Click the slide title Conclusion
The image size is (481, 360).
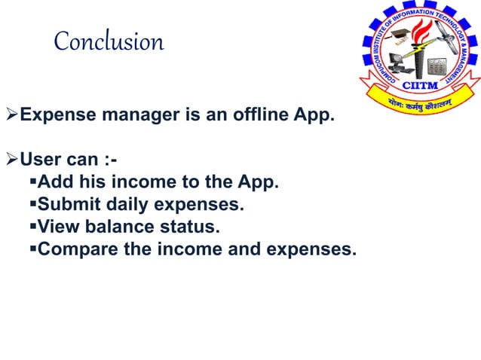[109, 41]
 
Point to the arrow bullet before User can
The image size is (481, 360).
[11, 160]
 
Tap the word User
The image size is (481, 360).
[38, 160]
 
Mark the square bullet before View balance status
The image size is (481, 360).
[31, 226]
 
